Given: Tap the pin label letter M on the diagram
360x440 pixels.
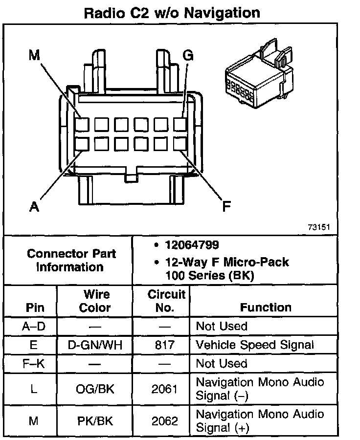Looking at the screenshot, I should tap(34, 55).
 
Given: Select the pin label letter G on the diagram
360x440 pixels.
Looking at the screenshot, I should tap(187, 55).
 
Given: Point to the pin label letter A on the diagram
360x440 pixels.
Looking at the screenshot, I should tap(34, 207).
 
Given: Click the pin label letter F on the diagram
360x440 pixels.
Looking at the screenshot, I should tap(226, 207).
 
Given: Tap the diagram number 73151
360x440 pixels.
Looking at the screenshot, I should tap(319, 227).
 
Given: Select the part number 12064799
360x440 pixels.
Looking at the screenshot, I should tap(191, 245).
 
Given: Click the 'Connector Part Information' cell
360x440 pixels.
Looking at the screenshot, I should tap(71, 261).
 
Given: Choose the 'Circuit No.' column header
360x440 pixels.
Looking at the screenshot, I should tap(166, 301).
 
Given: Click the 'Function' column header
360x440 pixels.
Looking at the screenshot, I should tap(266, 307).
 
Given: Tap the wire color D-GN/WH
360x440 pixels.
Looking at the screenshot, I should tap(95, 345).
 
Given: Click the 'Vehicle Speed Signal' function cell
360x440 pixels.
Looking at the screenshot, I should tap(254, 345).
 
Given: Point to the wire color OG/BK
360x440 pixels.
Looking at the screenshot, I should tap(95, 389).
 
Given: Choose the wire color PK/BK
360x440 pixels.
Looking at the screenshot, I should tap(95, 420).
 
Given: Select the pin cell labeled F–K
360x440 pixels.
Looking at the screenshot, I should tap(34, 363).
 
